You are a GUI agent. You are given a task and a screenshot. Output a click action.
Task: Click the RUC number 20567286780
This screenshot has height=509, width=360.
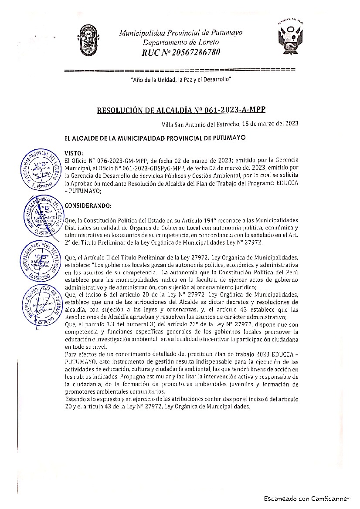pyautogui.click(x=194, y=53)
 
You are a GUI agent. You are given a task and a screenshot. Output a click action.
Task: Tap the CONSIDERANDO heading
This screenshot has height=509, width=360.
pyautogui.click(x=87, y=205)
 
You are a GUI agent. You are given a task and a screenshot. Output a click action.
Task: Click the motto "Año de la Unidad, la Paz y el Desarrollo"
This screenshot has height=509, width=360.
pyautogui.click(x=180, y=81)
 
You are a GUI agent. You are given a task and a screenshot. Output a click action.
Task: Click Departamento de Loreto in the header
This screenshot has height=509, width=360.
pyautogui.click(x=181, y=42)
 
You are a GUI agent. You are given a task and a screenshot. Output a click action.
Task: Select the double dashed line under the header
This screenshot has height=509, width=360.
pyautogui.click(x=180, y=70)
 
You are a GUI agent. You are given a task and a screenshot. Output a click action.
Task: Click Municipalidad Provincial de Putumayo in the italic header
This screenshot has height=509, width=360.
pyautogui.click(x=181, y=33)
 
